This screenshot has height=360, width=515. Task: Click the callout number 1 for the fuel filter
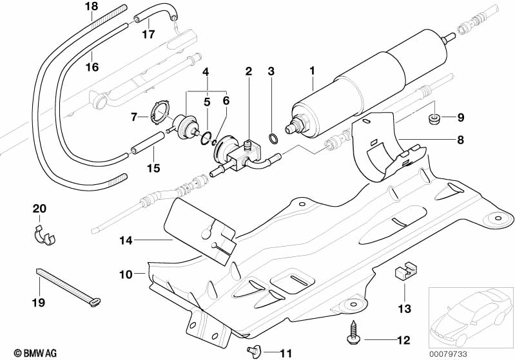[x=312, y=71]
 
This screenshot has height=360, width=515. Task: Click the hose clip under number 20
[x=44, y=236]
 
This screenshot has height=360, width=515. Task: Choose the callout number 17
[x=148, y=33]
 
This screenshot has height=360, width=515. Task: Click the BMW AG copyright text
[x=35, y=353]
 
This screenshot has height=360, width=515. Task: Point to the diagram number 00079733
[x=448, y=354]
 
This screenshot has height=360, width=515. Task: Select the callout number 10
[x=126, y=274]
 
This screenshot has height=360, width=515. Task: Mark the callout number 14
[x=126, y=241]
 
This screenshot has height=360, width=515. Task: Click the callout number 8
[x=460, y=140]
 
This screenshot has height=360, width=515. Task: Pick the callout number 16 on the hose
[x=92, y=67]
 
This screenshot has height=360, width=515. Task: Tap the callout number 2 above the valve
[x=249, y=71]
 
